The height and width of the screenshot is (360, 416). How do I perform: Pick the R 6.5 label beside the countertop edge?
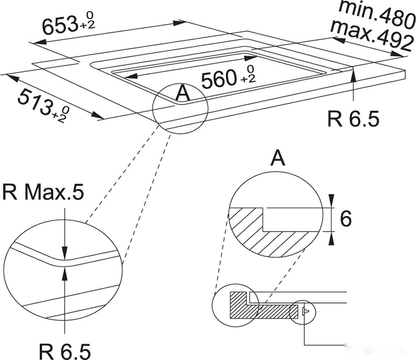(x=353, y=119)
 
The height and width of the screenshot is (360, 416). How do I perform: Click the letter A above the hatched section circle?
(x=277, y=158)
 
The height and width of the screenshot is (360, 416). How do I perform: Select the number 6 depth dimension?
(x=345, y=219)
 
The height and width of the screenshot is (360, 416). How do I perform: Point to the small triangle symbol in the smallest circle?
(x=305, y=312)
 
